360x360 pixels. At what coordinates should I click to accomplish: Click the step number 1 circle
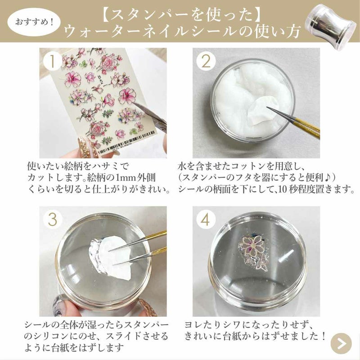53,62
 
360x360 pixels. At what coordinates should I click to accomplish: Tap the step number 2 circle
206,62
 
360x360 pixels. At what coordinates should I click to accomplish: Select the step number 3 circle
53,220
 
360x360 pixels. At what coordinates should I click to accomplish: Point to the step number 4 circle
206,220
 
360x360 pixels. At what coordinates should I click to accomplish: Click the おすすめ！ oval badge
34,22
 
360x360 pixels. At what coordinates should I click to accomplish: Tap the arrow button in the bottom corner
341,343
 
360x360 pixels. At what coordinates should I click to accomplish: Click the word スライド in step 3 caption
123,336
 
